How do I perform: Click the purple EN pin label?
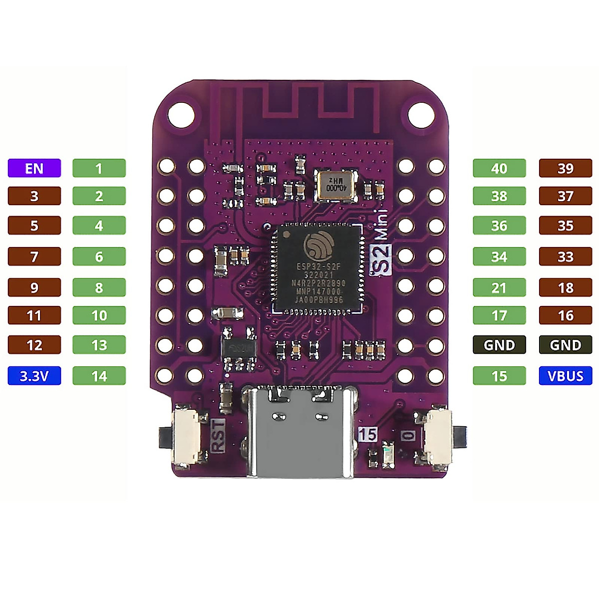point(34,168)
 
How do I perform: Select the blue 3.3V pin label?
point(34,376)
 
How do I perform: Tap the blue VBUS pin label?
point(566,376)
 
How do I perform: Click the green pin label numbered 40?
point(499,168)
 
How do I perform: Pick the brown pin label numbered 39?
point(566,168)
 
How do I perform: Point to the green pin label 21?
point(499,288)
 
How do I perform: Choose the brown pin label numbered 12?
point(34,345)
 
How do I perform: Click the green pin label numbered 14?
point(99,376)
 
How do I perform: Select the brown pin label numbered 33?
point(566,257)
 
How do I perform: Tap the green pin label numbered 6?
point(99,257)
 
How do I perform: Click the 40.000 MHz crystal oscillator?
point(337,185)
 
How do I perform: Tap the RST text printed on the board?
point(219,436)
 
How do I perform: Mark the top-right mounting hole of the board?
point(421,114)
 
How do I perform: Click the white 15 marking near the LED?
point(367,434)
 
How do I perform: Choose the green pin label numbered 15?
point(499,376)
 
